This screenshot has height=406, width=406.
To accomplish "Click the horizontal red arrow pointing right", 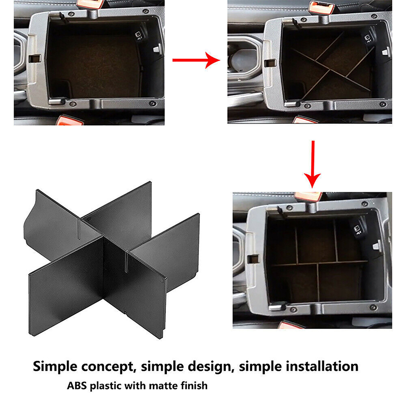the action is tap(196, 60).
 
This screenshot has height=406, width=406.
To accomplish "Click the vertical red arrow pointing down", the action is tap(313, 164).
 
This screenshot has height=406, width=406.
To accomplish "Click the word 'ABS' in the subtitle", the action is tap(77, 386).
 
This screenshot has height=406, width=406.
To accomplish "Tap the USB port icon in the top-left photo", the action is tap(139, 36).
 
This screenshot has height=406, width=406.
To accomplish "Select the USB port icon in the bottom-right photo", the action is tap(357, 230).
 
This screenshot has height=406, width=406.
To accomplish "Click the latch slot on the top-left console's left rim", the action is tap(35, 58).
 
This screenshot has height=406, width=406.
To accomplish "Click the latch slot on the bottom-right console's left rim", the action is tap(253, 259).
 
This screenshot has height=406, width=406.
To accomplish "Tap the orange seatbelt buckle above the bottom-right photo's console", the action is tap(308, 196).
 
